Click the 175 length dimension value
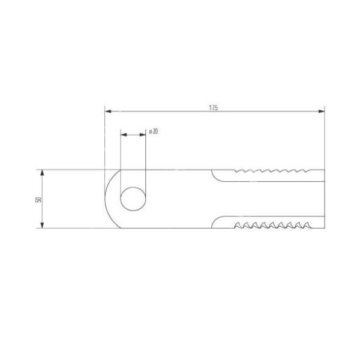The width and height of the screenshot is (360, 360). (x=213, y=107)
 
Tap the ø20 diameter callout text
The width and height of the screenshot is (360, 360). (x=153, y=131)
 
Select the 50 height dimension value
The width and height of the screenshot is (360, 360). (x=37, y=199)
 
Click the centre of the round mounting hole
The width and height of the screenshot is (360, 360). (x=133, y=199)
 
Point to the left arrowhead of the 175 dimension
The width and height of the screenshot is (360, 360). (x=108, y=112)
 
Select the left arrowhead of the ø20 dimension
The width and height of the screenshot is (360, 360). (x=124, y=135)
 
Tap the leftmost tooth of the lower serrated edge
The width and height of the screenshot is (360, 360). (x=236, y=226)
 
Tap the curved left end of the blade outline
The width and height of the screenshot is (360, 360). (x=107, y=199)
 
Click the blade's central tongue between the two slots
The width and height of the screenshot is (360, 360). (x=270, y=199)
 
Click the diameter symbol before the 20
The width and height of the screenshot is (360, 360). (x=149, y=131)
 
